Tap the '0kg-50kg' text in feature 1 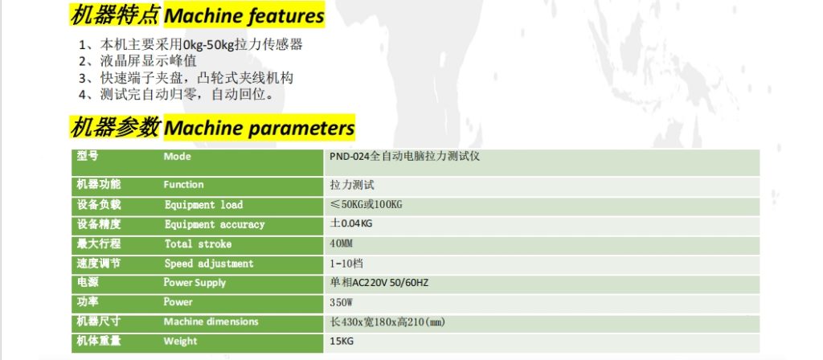pyautogui.click(x=207, y=45)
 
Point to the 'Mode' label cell pyautogui.click(x=177, y=157)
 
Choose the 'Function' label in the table pyautogui.click(x=184, y=185)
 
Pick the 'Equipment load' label pyautogui.click(x=203, y=205)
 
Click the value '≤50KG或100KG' pyautogui.click(x=366, y=205)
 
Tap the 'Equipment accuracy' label pyautogui.click(x=215, y=224)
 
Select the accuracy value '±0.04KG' pyautogui.click(x=351, y=224)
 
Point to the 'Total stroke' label pyautogui.click(x=198, y=243)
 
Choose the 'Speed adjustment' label pyautogui.click(x=209, y=264)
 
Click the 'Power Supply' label pyautogui.click(x=195, y=283)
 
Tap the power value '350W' pyautogui.click(x=342, y=302)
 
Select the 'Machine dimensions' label pyautogui.click(x=211, y=321)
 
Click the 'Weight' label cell pyautogui.click(x=180, y=341)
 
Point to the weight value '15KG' pyautogui.click(x=341, y=341)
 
